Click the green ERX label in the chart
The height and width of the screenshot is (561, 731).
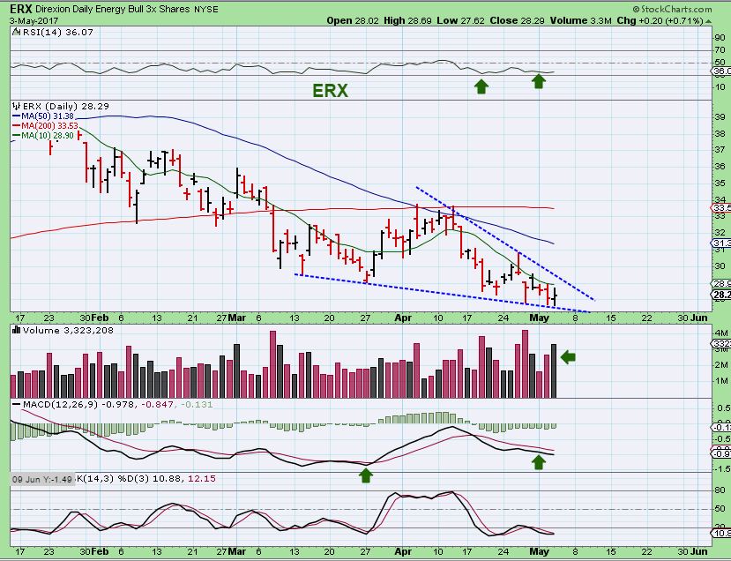(x=331, y=90)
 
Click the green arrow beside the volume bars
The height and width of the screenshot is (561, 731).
(x=568, y=356)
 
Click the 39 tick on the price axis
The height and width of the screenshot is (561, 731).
(x=719, y=116)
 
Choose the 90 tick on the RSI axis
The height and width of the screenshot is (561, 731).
(x=719, y=38)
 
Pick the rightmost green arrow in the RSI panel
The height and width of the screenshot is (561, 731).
(x=539, y=82)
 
